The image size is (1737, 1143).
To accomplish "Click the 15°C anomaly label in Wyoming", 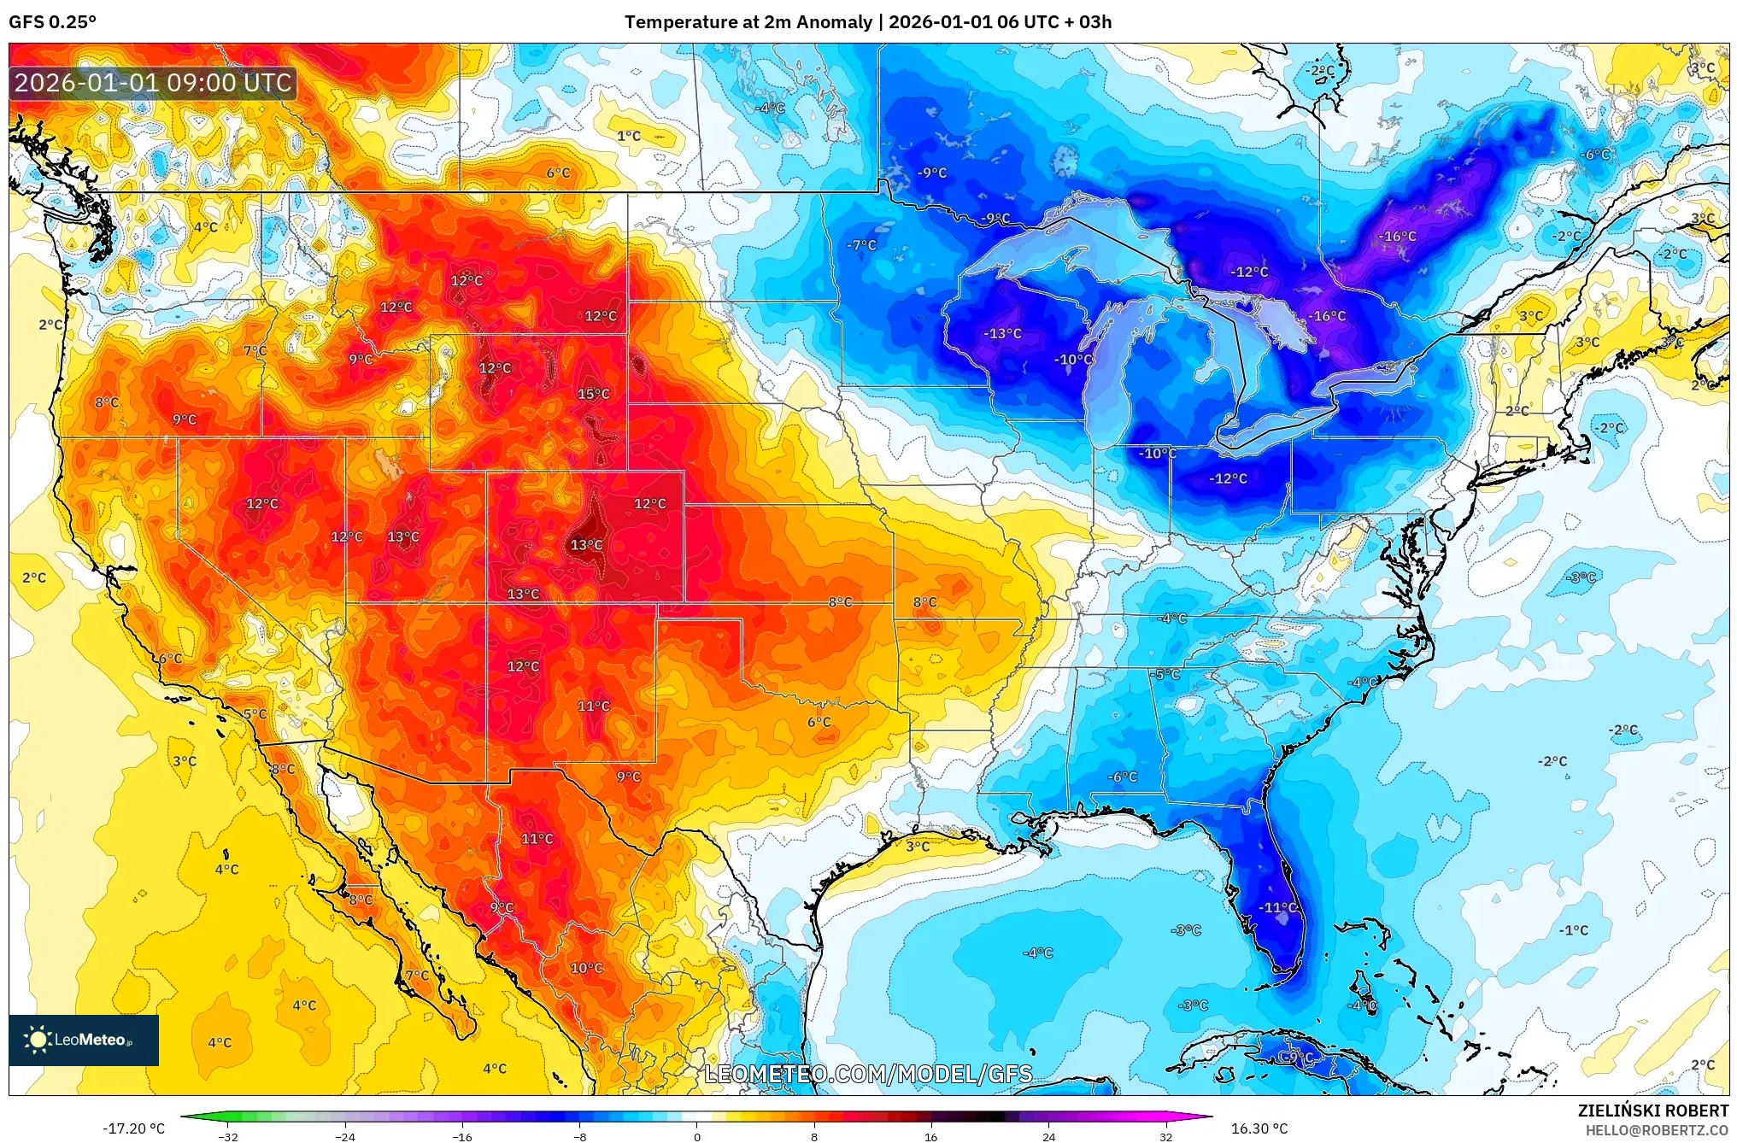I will (593, 394).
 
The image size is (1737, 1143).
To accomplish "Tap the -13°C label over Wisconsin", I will (1002, 333).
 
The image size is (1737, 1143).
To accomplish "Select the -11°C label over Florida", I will (1278, 907).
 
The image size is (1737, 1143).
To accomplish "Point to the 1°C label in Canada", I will (629, 136).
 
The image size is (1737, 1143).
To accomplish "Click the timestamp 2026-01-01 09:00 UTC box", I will (153, 83).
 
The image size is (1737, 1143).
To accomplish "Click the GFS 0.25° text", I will (52, 22).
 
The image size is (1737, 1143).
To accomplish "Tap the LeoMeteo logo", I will (83, 1040).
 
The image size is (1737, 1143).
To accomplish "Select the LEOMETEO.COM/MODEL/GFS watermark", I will (867, 1074).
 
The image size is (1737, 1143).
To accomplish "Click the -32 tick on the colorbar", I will (228, 1136).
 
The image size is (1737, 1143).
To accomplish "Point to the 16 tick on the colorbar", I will (930, 1136).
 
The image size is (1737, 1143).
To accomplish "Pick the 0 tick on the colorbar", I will (696, 1136).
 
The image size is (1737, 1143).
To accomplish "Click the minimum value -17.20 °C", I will (134, 1128).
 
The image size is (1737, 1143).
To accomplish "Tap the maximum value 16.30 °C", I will (1259, 1128).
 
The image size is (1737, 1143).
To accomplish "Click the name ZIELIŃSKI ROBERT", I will (1652, 1111).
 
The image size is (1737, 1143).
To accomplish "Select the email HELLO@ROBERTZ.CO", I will (1657, 1130).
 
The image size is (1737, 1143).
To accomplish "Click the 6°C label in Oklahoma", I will (819, 722).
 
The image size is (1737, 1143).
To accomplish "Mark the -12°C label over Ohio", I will (1228, 478).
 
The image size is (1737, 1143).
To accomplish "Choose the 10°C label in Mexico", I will (586, 968).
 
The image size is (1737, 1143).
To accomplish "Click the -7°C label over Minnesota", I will (861, 245).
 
